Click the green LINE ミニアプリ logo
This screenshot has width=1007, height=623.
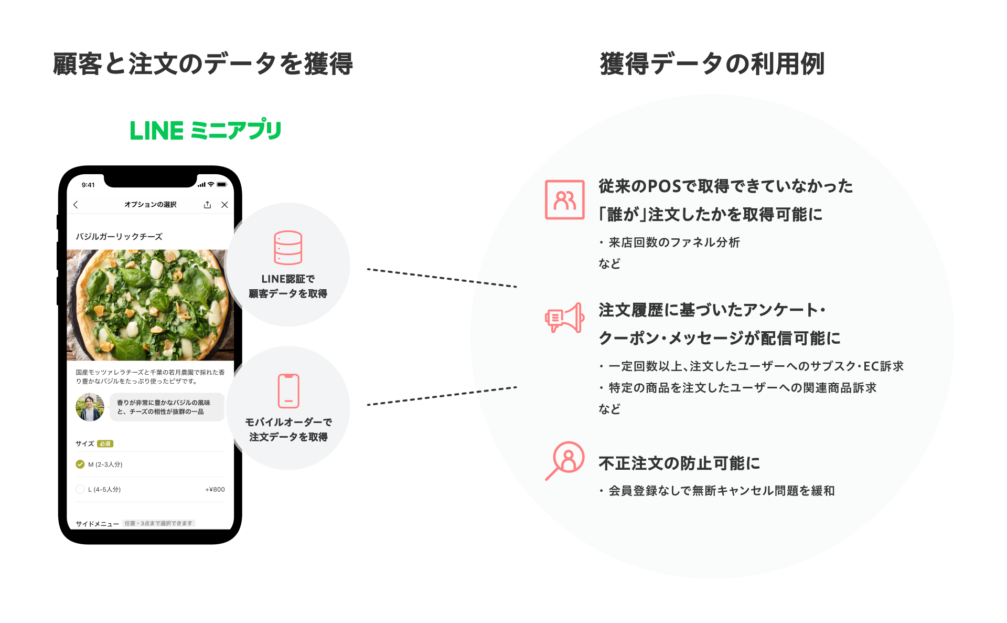[205, 130]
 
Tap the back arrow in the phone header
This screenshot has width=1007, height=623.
[76, 205]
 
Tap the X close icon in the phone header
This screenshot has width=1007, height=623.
[224, 205]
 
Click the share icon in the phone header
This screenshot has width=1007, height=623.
[208, 205]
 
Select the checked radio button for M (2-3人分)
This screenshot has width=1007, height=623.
[80, 464]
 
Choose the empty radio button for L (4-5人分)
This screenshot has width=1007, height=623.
[80, 489]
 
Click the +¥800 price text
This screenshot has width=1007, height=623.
[215, 489]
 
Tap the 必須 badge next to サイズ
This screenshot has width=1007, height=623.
[105, 444]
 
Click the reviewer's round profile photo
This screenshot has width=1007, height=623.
[90, 407]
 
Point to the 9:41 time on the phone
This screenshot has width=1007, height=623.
[88, 185]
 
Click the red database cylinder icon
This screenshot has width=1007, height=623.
[288, 247]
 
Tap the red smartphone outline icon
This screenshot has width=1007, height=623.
[288, 390]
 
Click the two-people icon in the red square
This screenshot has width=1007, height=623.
[564, 199]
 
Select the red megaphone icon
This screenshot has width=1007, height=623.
[564, 318]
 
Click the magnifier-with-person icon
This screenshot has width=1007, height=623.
[565, 460]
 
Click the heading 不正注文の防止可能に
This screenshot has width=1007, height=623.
[679, 463]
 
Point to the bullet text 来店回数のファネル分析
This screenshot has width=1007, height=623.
[674, 242]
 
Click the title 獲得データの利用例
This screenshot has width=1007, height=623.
[712, 64]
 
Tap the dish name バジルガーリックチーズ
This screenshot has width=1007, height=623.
[119, 237]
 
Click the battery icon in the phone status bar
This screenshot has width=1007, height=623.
[222, 184]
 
